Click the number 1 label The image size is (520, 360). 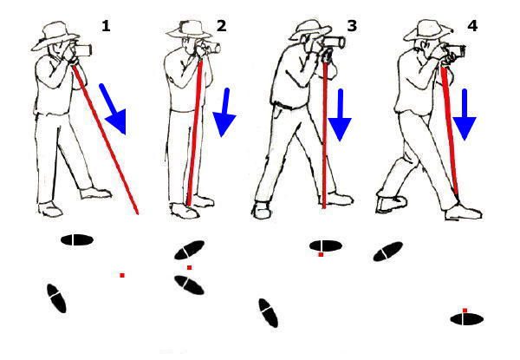[106, 26]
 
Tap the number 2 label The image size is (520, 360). [222, 26]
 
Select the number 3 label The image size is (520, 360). [352, 26]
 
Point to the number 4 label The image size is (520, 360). [472, 26]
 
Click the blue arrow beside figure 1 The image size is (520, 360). [114, 109]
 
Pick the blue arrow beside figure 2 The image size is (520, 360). [224, 113]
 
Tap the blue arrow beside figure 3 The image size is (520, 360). [340, 115]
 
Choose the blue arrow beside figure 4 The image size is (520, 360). [465, 115]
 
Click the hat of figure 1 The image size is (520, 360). [55, 36]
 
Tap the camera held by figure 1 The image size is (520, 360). [83, 49]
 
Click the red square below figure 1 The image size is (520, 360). [122, 275]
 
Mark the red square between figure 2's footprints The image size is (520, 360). [189, 267]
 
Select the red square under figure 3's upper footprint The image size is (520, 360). [321, 254]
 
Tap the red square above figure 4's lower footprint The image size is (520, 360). [465, 311]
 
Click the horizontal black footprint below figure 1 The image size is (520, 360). [76, 240]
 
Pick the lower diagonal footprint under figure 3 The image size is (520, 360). [269, 313]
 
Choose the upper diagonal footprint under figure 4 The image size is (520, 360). [388, 252]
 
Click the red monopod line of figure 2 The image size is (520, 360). [194, 132]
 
